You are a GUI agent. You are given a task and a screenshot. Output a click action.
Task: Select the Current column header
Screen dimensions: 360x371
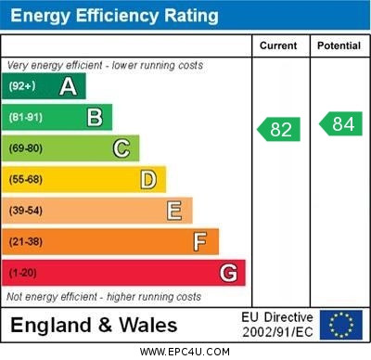(x=278, y=45)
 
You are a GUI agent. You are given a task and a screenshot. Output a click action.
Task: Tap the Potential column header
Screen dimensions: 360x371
(x=339, y=45)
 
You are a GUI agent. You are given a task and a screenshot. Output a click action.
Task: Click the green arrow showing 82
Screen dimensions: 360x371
(x=279, y=129)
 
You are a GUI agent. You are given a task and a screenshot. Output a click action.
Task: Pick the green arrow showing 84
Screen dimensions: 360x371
(x=340, y=123)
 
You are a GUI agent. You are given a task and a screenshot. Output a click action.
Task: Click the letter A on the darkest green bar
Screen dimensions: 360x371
(x=68, y=86)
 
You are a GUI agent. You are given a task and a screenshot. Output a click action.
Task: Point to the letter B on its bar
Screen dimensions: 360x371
(x=95, y=117)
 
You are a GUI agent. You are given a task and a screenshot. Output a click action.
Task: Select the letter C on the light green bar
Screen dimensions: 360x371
(x=121, y=148)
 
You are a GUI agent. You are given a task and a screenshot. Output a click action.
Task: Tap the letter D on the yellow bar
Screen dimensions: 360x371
(x=147, y=179)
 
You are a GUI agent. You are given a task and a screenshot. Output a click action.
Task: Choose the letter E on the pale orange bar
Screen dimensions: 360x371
(x=173, y=211)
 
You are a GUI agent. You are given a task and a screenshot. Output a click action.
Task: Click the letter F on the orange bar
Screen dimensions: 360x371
(x=199, y=241)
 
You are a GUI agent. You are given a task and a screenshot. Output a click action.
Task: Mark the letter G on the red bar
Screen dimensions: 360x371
(x=227, y=273)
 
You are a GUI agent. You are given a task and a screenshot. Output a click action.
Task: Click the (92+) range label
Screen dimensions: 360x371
(x=22, y=86)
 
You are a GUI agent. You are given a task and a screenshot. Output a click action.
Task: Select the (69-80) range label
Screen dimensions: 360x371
(x=26, y=148)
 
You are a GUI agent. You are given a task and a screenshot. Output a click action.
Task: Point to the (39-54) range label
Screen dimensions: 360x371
(x=26, y=211)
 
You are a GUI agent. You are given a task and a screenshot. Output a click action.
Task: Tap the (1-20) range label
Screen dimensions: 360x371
(x=23, y=273)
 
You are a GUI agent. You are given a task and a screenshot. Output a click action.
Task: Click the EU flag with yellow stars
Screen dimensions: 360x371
(x=341, y=325)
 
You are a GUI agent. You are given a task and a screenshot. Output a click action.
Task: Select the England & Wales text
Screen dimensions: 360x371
(x=94, y=326)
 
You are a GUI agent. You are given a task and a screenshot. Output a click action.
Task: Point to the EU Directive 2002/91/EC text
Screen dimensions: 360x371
(x=277, y=325)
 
